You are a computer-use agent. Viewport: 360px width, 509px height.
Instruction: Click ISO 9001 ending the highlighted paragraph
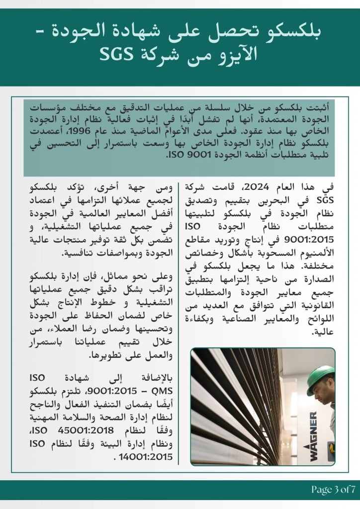pos(185,155)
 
